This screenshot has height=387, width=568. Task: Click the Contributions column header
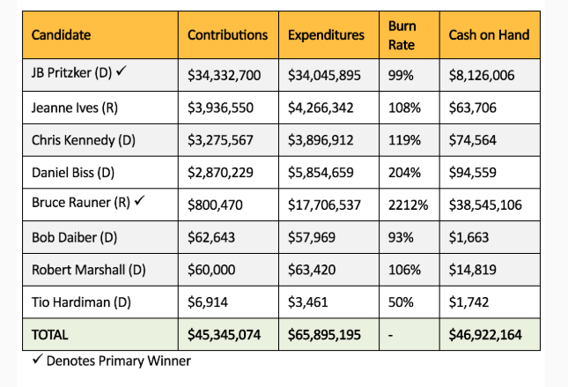[227, 35]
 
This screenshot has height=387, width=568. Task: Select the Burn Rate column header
[402, 35]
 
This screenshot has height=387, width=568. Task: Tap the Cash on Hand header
[489, 35]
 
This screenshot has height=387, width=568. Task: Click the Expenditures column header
[326, 35]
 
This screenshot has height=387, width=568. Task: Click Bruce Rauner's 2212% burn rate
[408, 205]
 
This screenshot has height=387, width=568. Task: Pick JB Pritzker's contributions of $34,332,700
[225, 76]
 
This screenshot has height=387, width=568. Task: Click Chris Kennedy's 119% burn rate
[402, 140]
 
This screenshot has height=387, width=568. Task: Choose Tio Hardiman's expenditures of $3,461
[309, 301]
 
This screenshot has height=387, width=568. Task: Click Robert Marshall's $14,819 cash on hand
[475, 270]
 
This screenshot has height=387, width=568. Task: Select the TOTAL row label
[50, 335]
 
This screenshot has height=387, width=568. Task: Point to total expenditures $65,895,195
[325, 335]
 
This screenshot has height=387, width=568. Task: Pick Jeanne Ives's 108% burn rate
[402, 108]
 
